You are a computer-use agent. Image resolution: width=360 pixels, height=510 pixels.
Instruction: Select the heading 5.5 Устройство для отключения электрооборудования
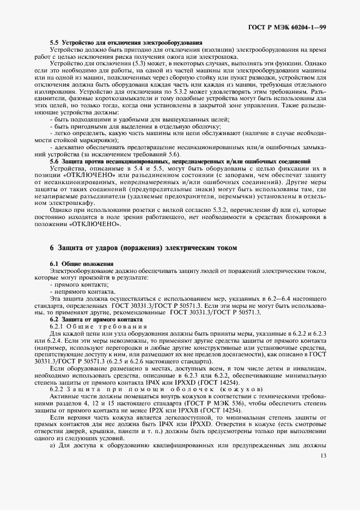[x=126, y=42]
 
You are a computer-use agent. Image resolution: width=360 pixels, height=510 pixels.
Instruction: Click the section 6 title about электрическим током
[x=144, y=247]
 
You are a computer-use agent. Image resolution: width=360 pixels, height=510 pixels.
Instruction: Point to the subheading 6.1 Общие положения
[x=82, y=264]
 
